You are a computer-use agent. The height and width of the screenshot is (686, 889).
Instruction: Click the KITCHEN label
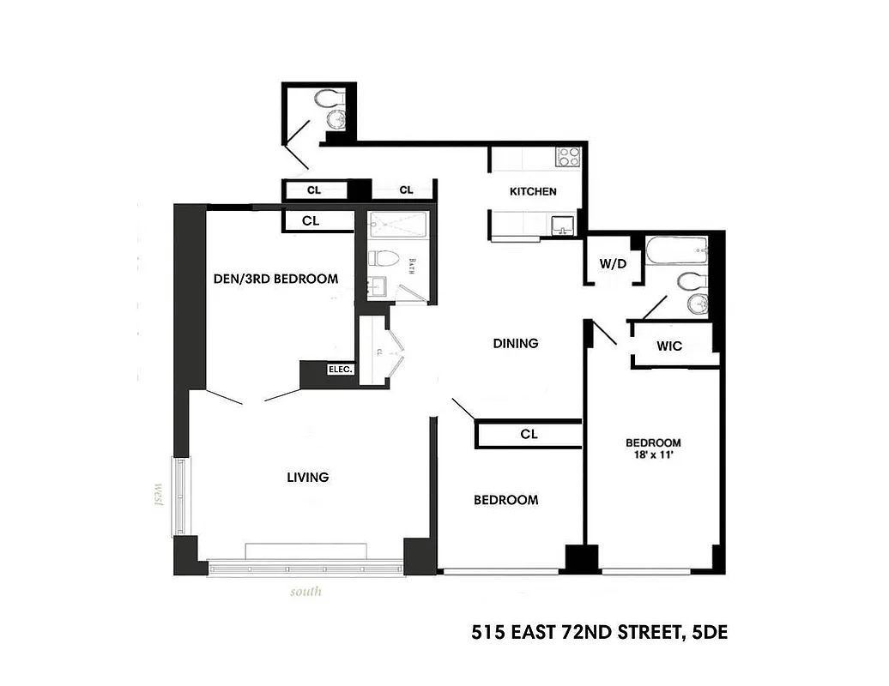[x=533, y=191]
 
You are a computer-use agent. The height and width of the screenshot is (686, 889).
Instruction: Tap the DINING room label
[x=516, y=343]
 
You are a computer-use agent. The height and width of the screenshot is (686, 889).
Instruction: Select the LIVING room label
[x=308, y=477]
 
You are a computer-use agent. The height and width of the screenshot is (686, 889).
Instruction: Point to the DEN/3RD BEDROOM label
[x=275, y=279]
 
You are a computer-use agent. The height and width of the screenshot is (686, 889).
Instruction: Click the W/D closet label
[x=613, y=263]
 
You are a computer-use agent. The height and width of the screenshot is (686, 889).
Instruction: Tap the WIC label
[x=669, y=346]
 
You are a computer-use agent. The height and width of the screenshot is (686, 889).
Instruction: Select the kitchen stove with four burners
[x=568, y=156]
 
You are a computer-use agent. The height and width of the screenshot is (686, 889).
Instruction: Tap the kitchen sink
[x=562, y=225]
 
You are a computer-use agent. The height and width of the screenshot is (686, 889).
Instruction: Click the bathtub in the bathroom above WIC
[x=677, y=251]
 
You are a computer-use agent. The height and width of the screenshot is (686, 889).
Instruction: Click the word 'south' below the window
[x=305, y=591]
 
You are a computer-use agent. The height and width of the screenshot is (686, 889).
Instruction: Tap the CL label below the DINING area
[x=529, y=434]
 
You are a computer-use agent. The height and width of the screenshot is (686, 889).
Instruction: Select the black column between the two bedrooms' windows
[x=581, y=558]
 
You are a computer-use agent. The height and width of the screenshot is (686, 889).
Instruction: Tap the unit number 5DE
[x=708, y=634]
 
